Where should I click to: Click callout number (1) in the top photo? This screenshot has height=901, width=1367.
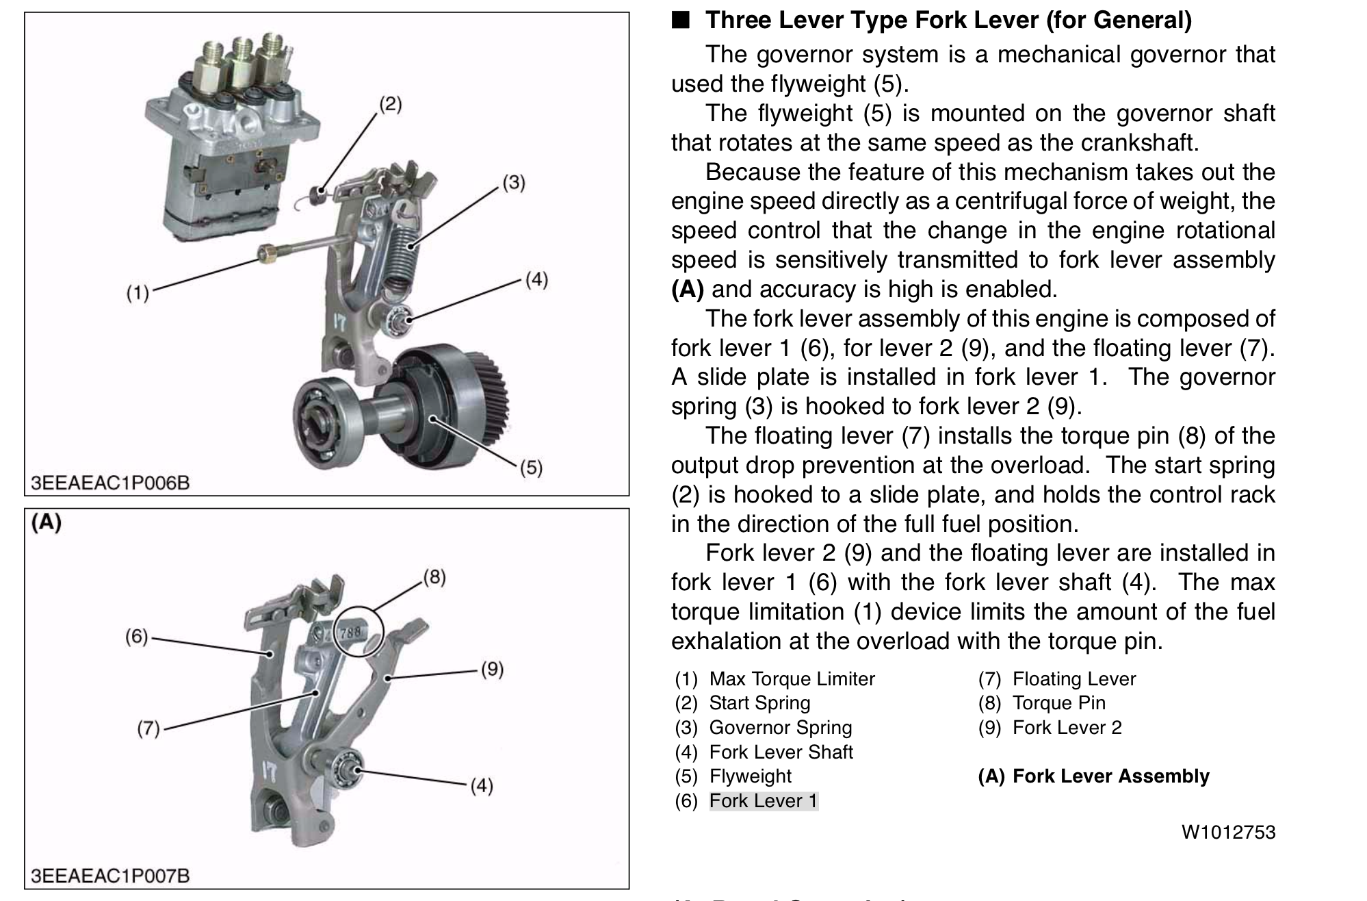pyautogui.click(x=138, y=293)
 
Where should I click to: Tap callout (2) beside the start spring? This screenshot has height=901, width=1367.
pyautogui.click(x=391, y=105)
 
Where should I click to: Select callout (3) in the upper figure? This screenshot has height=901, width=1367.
pyautogui.click(x=514, y=183)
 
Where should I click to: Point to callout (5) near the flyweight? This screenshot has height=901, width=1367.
pyautogui.click(x=531, y=468)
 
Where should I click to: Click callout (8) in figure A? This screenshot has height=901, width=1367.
pyautogui.click(x=434, y=577)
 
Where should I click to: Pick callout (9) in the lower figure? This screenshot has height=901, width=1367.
pyautogui.click(x=492, y=669)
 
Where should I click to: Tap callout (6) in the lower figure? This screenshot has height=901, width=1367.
pyautogui.click(x=136, y=637)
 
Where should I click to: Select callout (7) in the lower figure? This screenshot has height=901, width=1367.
pyautogui.click(x=148, y=728)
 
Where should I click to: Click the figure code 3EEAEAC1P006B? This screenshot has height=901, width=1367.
pyautogui.click(x=110, y=483)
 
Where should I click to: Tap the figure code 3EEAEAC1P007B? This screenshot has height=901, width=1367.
pyautogui.click(x=110, y=876)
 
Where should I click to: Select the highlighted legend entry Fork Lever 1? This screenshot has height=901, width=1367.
pyautogui.click(x=764, y=801)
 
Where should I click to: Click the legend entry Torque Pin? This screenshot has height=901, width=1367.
pyautogui.click(x=1059, y=703)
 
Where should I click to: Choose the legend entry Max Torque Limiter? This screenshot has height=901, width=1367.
pyautogui.click(x=792, y=679)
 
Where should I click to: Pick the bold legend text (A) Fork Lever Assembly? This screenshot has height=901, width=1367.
pyautogui.click(x=1093, y=776)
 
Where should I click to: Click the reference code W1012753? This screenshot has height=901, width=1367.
pyautogui.click(x=1229, y=833)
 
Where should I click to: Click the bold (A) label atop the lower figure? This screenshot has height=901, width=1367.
pyautogui.click(x=47, y=522)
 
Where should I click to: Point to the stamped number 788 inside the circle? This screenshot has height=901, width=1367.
pyautogui.click(x=350, y=633)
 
